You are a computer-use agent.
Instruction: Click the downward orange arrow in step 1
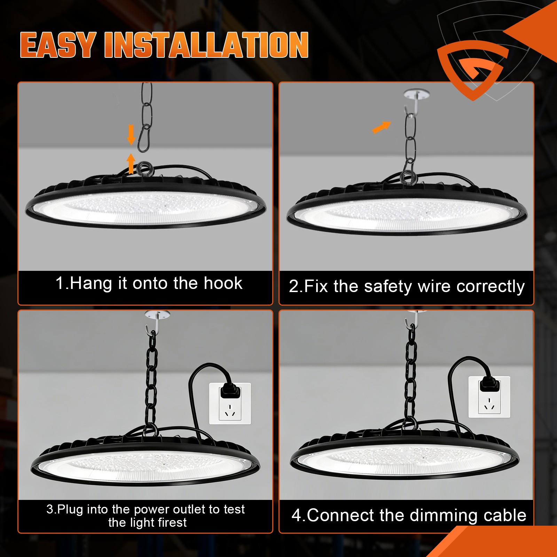(x=131, y=134)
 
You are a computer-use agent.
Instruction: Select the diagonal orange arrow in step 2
(x=382, y=127)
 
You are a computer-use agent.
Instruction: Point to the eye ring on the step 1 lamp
(x=144, y=169)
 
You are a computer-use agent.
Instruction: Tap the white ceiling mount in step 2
(x=416, y=94)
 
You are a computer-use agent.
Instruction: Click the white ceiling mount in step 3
(x=157, y=315)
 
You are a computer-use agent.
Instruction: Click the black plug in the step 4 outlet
(x=489, y=385)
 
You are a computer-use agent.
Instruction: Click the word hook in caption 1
(x=223, y=283)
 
